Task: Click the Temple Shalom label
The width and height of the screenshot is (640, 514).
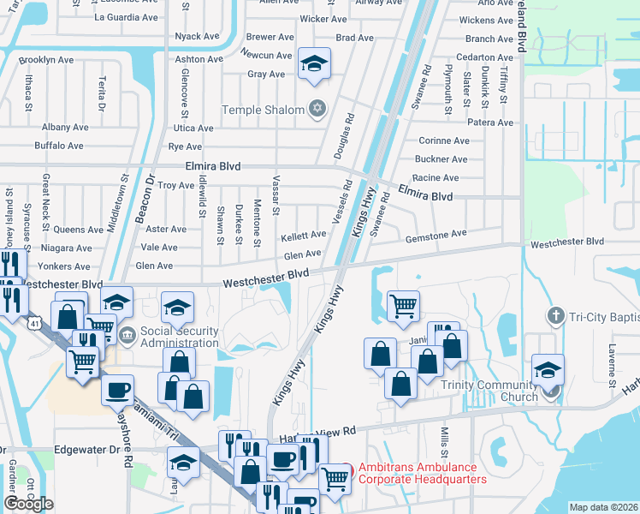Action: click(x=263, y=110)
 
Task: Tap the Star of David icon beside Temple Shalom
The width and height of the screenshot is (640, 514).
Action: click(x=317, y=109)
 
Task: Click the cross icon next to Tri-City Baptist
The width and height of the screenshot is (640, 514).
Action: click(x=555, y=316)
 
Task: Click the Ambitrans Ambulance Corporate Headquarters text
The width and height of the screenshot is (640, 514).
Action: click(x=422, y=473)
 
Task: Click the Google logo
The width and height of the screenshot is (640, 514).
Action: click(x=28, y=503)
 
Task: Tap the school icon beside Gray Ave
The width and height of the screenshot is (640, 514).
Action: click(x=314, y=63)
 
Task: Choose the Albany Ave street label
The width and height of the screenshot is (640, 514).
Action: click(x=65, y=127)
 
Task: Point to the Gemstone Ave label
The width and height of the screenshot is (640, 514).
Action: click(x=436, y=234)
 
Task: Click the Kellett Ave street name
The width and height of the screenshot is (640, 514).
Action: click(x=304, y=235)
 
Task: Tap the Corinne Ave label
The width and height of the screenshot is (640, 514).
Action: click(x=443, y=140)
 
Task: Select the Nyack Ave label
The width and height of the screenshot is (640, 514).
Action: click(x=197, y=36)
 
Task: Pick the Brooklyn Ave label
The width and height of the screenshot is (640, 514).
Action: click(x=48, y=60)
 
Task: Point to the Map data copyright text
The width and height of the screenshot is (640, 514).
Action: click(x=603, y=507)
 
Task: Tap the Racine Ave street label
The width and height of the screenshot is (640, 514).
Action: click(x=436, y=178)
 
